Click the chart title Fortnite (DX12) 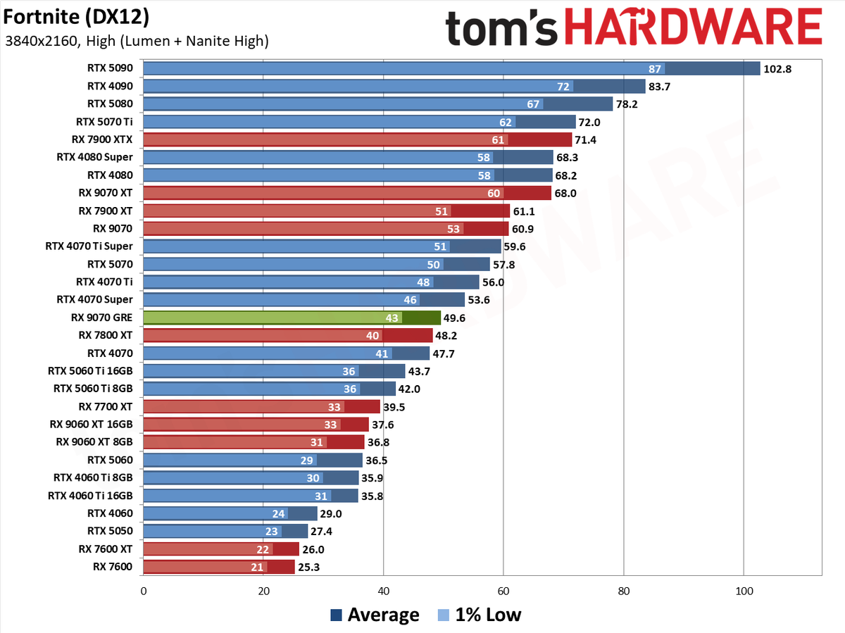pos(76,17)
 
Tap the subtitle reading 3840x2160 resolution pos(137,41)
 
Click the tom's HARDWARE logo pos(634,27)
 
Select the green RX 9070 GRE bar pos(292,318)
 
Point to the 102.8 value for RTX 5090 pos(777,69)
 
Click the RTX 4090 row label pos(110,86)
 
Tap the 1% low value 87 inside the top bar pos(654,69)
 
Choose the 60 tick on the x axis pos(503,591)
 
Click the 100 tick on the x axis pos(744,591)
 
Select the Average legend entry pos(375,615)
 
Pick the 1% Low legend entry pos(480,615)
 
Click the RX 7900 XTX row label pos(102,139)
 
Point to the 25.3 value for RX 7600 pos(308,567)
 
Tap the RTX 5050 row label pos(110,531)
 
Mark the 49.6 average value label pos(454,318)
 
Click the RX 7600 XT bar pos(221,549)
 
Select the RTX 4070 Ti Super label pos(89,246)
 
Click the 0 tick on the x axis pos(144,591)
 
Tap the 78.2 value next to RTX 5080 pos(627,104)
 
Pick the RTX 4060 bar pos(230,513)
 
